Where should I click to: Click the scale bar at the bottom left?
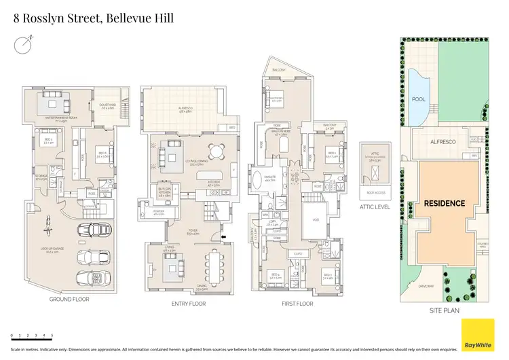31,335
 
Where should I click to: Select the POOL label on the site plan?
418,99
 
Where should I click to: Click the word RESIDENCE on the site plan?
445,203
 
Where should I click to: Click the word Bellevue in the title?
126,18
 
